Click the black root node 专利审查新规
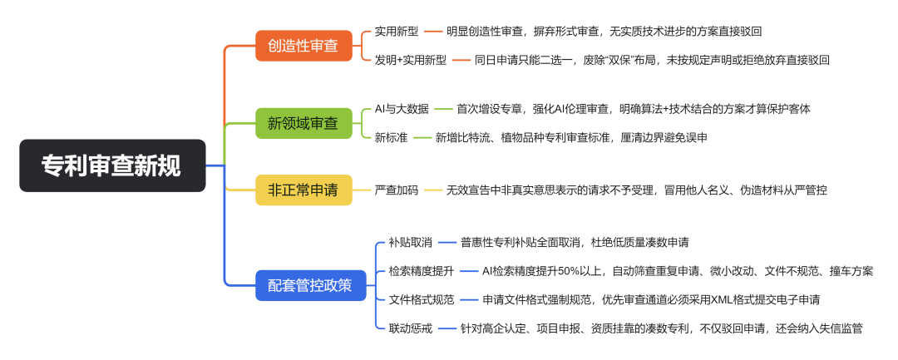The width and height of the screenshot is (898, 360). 112,165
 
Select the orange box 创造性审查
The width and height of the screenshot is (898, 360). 303,45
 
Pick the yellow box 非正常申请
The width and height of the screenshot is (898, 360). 303,190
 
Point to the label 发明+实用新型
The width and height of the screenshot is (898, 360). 411,60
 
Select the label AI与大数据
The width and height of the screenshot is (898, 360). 402,109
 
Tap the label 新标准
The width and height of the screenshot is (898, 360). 391,137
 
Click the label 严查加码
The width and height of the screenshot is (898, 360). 397,190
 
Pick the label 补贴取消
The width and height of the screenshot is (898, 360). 411,243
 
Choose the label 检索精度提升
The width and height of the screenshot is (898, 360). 422,271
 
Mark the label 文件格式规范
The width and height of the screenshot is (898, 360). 422,299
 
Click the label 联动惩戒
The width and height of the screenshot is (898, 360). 411,328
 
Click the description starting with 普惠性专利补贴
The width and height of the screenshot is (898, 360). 575,243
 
